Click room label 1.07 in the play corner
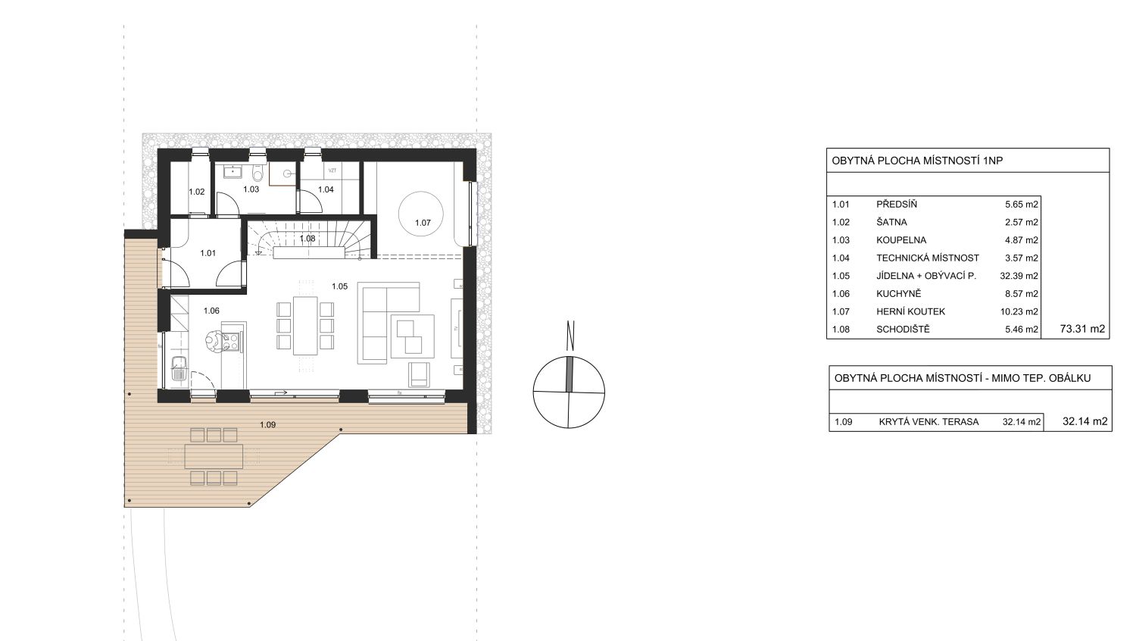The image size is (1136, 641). coord(423,222)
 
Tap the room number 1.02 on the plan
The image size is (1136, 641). coord(197,192)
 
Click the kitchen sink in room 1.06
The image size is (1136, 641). coord(179,367)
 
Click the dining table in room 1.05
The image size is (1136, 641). coord(305,325)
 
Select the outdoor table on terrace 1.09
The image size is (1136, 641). coord(214,456)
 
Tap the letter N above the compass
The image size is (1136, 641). coord(570,336)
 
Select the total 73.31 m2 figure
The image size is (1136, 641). coord(1082,329)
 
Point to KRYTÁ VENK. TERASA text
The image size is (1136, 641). coord(928,422)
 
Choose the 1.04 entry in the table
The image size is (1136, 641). coord(841,258)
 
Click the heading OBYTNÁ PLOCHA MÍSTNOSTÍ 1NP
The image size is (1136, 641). coord(917,161)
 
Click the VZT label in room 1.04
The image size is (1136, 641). coord(332,170)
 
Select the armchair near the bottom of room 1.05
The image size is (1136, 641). coord(420,374)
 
